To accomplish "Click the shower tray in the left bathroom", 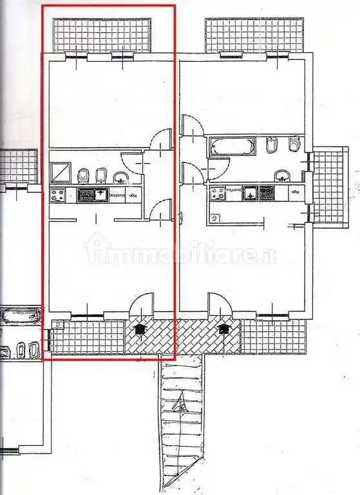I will pyautogui.click(x=61, y=173).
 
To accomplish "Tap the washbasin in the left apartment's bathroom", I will pyautogui.click(x=120, y=177).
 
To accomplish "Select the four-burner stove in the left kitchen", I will pyautogui.click(x=57, y=195).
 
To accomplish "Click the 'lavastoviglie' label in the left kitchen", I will pyautogui.click(x=117, y=195).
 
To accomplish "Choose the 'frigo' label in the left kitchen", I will pyautogui.click(x=133, y=195).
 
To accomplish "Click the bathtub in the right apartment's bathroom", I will pyautogui.click(x=230, y=147).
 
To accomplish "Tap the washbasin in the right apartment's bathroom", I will pyautogui.click(x=281, y=175).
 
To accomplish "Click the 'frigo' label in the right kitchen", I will pyautogui.click(x=294, y=192).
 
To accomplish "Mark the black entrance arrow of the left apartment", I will pyautogui.click(x=138, y=329).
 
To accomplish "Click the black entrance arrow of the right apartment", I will pyautogui.click(x=223, y=329).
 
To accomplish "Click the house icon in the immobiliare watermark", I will pyautogui.click(x=96, y=248).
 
